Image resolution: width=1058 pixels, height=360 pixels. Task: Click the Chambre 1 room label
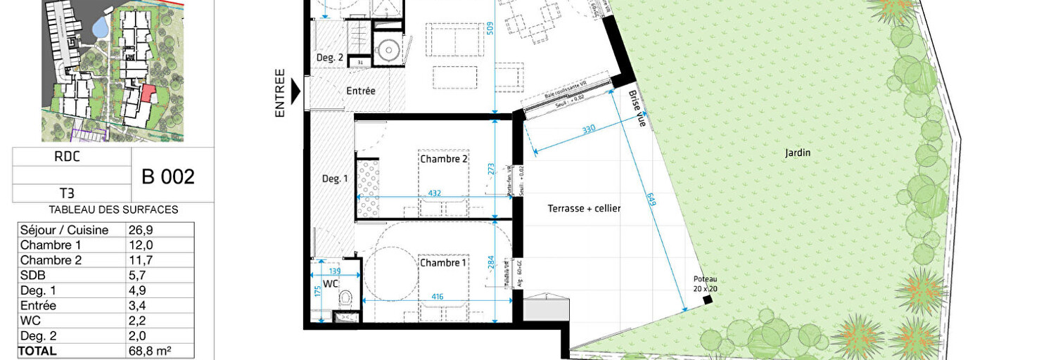443,263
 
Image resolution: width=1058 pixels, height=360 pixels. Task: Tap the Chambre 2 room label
444,159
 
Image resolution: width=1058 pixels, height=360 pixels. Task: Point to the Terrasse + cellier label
584,208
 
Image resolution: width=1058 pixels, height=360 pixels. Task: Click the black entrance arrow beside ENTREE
295,91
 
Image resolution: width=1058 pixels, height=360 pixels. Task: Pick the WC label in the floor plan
331,285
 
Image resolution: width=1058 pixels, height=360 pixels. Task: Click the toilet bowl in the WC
345,300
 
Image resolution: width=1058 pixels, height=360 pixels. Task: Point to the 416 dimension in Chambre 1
437,297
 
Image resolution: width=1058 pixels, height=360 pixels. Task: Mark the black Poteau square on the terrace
707,300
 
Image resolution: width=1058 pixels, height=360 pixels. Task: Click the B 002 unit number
168,176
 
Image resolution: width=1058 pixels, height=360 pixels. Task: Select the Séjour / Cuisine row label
64,230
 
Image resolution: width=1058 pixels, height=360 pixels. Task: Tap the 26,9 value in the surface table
140,230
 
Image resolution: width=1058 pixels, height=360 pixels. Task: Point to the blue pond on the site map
100,28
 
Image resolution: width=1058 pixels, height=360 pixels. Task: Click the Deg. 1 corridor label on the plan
335,179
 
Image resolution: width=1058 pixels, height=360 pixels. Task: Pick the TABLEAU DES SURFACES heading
113,210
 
